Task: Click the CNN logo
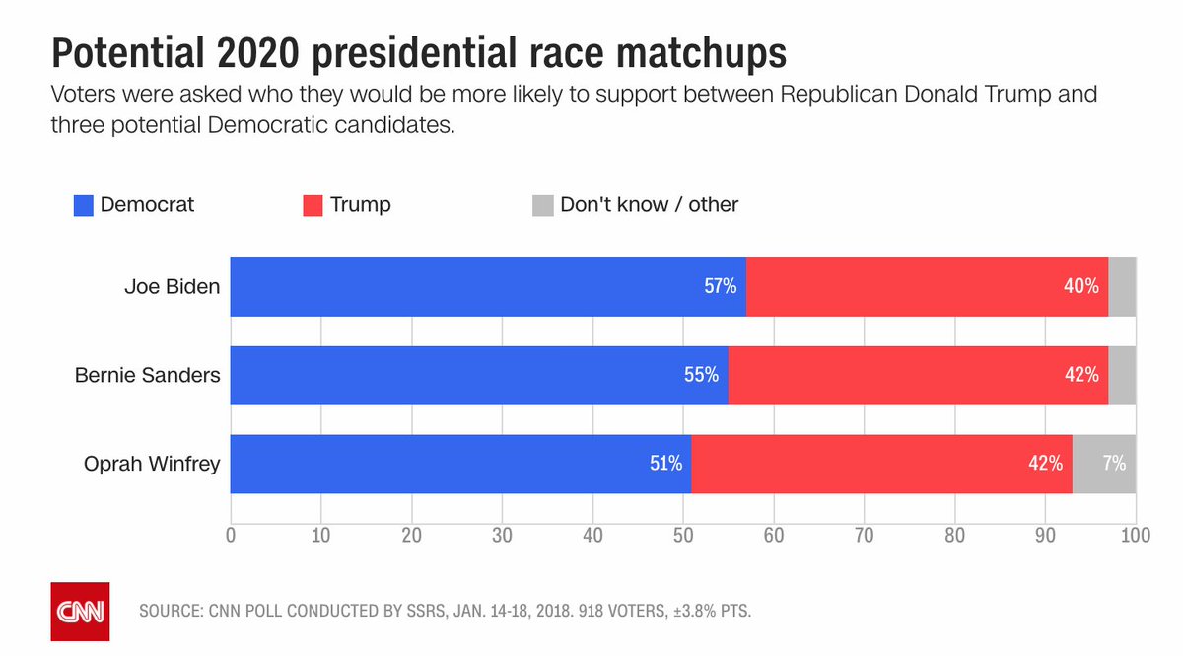(x=80, y=612)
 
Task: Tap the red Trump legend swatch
(x=313, y=205)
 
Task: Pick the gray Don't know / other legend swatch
(x=543, y=205)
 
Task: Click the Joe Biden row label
(x=172, y=287)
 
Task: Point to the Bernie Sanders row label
(x=148, y=376)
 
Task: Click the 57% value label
(x=720, y=287)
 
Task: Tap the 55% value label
(x=702, y=376)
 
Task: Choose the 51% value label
(x=665, y=464)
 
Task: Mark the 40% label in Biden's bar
(x=1081, y=287)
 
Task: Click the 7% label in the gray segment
(x=1114, y=464)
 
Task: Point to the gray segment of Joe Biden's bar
(x=1122, y=287)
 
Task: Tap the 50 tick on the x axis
(x=683, y=537)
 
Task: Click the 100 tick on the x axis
(x=1136, y=537)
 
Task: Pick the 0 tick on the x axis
(x=231, y=537)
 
